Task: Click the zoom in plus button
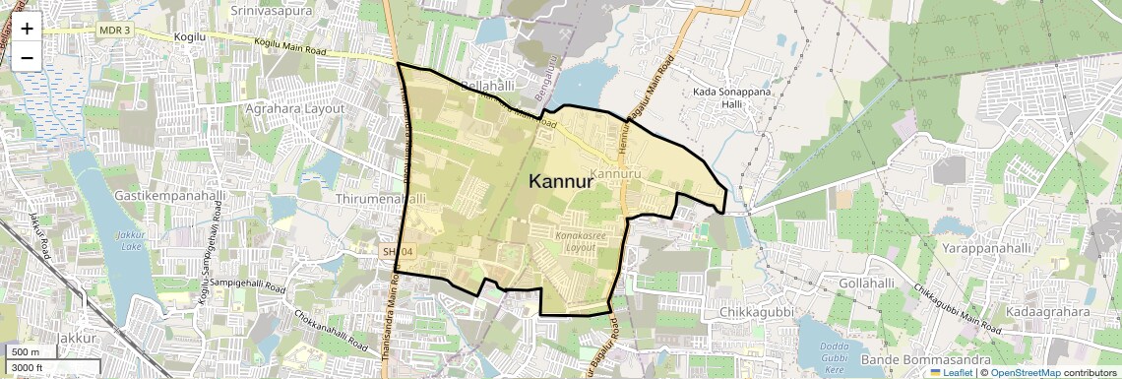[27, 29]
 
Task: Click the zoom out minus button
[27, 57]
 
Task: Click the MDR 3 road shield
[114, 30]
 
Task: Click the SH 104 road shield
[399, 253]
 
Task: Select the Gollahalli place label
[869, 283]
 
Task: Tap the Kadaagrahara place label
[1047, 312]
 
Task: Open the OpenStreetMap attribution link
[1025, 373]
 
